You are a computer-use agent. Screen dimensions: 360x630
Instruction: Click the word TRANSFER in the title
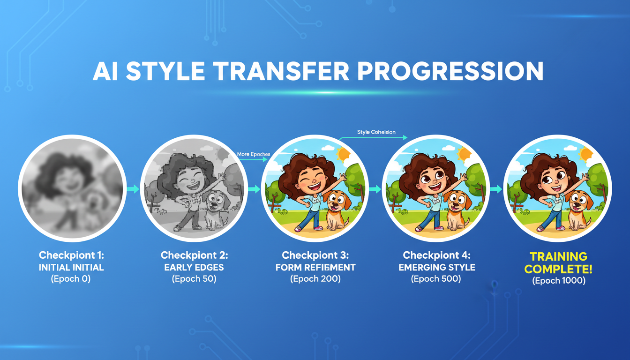point(281,72)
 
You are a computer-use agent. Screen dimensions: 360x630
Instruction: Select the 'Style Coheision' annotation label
point(376,132)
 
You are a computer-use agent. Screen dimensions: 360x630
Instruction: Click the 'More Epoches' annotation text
point(254,154)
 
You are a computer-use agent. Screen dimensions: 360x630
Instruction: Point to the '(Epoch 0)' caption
point(71,279)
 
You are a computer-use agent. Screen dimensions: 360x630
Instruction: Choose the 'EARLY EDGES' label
point(194,268)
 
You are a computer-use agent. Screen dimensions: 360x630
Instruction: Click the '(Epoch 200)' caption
point(315,279)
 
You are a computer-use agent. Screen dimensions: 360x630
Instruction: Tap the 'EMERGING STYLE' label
point(436,268)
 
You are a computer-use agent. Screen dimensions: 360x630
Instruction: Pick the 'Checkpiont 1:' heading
point(71,255)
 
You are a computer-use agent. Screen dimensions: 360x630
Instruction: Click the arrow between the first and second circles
point(133,189)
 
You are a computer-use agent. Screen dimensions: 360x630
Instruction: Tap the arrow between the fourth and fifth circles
point(496,189)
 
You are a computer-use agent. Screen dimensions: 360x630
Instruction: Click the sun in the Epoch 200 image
point(344,154)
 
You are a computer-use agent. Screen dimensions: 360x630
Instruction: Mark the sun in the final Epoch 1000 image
point(585,154)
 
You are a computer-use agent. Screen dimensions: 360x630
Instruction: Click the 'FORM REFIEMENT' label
point(315,268)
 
